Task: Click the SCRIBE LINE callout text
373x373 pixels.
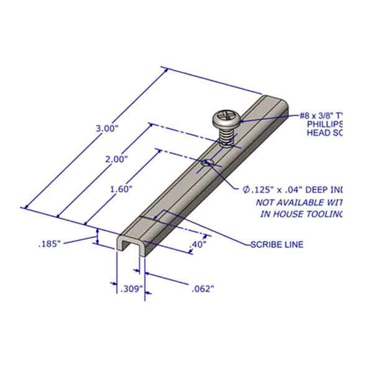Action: click(277, 244)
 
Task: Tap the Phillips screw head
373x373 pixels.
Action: click(224, 117)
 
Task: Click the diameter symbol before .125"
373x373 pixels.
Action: click(247, 189)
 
